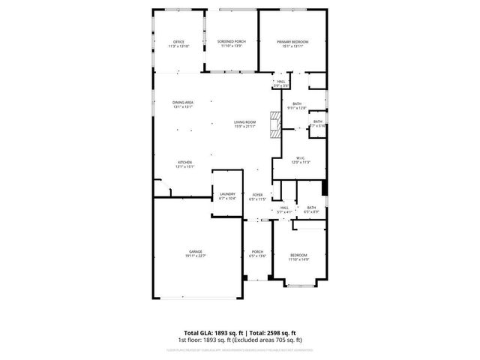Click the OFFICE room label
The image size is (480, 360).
pos(178,41)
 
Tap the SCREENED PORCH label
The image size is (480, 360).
pos(231,41)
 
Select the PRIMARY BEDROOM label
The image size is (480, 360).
pos(292,41)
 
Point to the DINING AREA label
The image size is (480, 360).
pos(184,102)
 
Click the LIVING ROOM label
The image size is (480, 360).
pos(245,122)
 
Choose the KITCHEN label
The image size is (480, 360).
pos(185,162)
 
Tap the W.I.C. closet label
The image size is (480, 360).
pos(299,157)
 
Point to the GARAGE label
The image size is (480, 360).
pos(196,251)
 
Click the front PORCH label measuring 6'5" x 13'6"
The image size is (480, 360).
pos(257,251)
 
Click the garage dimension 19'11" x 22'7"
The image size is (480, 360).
pos(196,256)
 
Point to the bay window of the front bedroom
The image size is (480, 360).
pos(299,285)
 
